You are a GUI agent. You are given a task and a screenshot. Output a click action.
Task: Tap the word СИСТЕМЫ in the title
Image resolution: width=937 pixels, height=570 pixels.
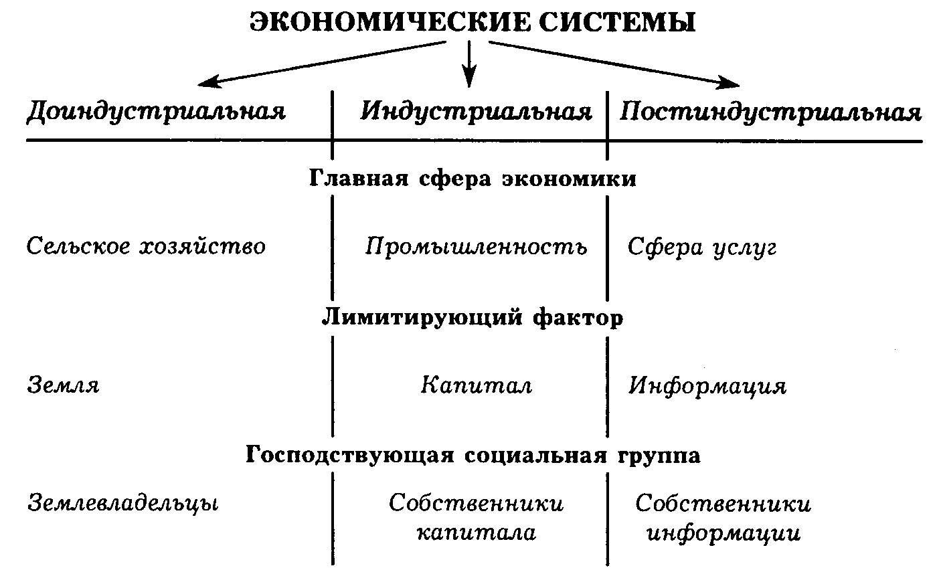[x=617, y=22]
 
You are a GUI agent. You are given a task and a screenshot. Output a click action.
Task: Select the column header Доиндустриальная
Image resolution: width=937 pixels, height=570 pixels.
[x=156, y=112]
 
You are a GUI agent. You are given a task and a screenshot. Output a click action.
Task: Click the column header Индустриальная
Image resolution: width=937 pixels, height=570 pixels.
[x=476, y=112]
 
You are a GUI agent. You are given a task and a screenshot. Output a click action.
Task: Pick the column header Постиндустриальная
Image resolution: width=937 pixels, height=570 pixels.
[x=770, y=112]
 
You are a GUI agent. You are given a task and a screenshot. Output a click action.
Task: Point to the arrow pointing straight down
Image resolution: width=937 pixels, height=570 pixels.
[x=469, y=64]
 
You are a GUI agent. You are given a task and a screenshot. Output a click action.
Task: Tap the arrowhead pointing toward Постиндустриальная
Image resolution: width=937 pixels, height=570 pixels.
[x=728, y=82]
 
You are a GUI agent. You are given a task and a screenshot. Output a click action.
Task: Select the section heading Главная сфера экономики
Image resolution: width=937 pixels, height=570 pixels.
[x=473, y=179]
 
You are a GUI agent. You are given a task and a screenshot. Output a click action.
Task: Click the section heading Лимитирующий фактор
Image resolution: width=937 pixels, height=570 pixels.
[x=473, y=317]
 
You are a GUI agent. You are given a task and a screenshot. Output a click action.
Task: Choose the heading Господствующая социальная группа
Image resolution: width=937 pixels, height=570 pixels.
[x=473, y=454]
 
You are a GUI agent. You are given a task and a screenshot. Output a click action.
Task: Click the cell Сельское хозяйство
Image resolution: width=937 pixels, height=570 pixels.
[x=146, y=246]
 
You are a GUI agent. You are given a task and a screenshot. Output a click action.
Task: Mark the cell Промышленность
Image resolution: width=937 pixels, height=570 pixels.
[x=477, y=246]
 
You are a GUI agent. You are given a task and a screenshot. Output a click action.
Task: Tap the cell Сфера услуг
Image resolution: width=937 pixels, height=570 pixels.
[x=702, y=248]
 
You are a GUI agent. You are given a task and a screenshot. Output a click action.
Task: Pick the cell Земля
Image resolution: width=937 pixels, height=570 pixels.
[x=63, y=385]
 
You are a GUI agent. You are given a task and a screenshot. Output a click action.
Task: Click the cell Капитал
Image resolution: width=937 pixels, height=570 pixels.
[x=477, y=385]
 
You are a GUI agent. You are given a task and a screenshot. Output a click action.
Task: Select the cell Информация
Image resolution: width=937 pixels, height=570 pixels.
[x=707, y=386]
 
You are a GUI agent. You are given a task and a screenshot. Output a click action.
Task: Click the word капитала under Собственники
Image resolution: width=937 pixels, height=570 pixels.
[x=477, y=533]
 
